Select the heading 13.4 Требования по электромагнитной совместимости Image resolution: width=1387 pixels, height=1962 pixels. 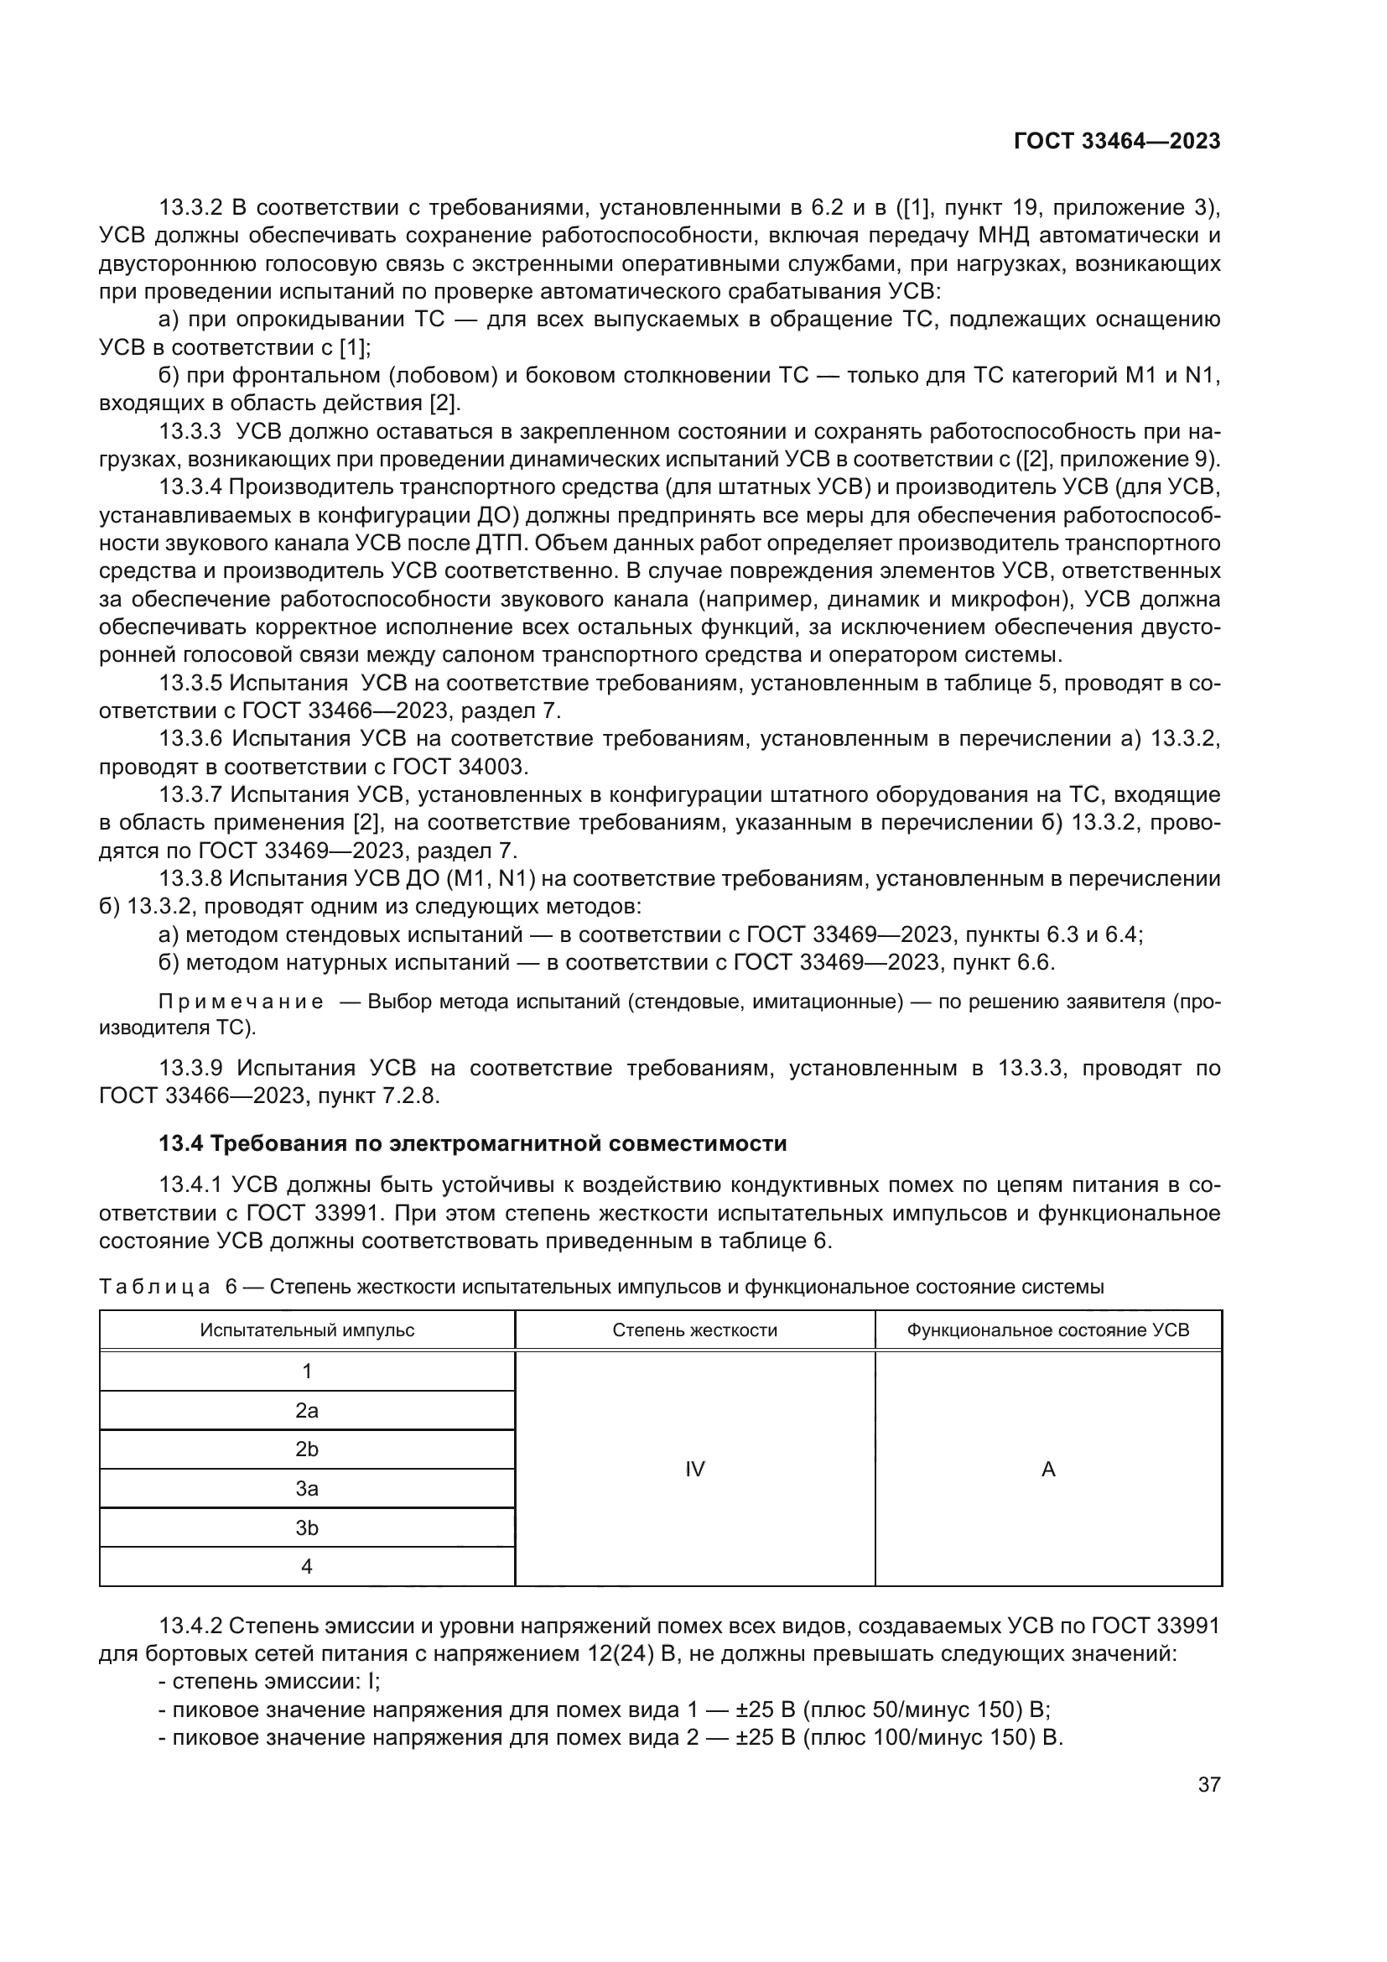472,1143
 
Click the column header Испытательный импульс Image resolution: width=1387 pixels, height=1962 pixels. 307,1330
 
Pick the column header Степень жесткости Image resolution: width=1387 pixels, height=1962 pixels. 694,1330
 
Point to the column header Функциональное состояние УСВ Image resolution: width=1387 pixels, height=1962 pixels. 1047,1330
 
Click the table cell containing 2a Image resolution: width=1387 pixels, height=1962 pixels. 307,1411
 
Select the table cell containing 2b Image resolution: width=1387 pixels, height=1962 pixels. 307,1449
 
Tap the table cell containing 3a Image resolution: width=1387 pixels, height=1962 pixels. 307,1489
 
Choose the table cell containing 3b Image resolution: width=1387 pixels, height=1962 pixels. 307,1527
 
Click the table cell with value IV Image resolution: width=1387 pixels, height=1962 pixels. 694,1469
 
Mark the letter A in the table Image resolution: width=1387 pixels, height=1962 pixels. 1048,1469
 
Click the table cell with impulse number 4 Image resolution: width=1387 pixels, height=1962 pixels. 307,1566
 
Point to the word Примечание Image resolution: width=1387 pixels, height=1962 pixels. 241,1002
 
